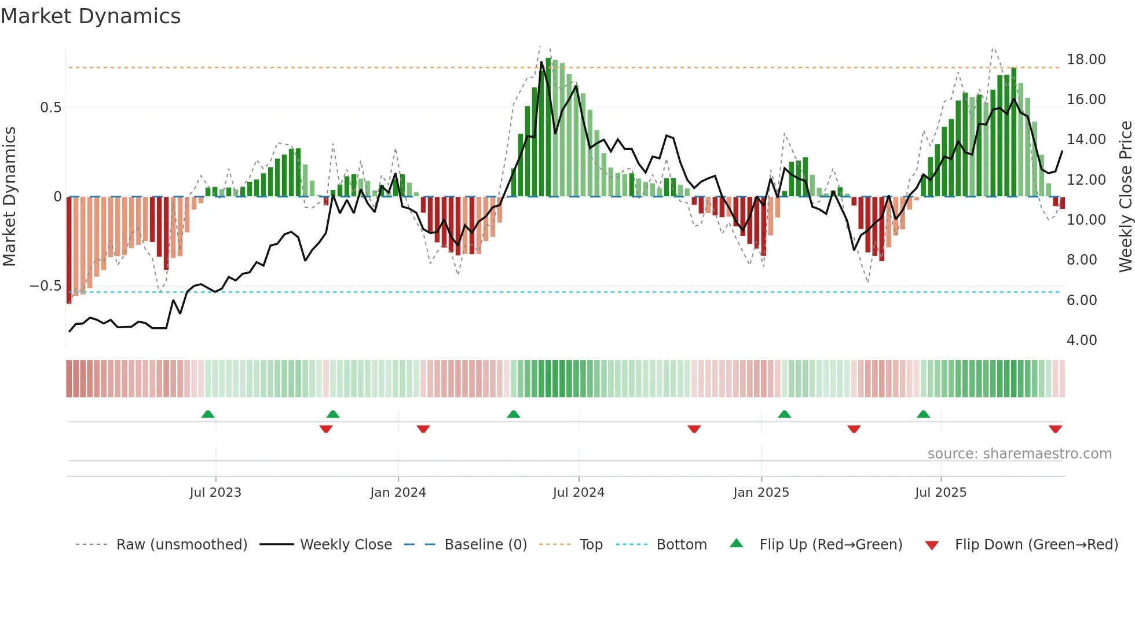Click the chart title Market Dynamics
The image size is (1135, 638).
tap(90, 16)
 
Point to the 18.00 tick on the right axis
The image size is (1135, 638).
tap(1086, 60)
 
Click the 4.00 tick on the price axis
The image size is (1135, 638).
tap(1081, 340)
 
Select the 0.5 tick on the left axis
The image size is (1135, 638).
tap(50, 108)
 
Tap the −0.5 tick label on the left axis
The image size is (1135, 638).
tap(45, 286)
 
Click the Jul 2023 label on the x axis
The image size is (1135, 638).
tap(215, 493)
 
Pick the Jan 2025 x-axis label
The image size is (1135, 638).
tap(760, 493)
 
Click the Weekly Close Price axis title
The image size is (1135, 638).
tap(1125, 196)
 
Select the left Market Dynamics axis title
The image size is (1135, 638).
tap(9, 196)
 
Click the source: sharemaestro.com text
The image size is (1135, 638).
tap(1019, 454)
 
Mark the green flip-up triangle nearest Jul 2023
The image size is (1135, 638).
tap(208, 414)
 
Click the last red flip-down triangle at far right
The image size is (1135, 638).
tap(1055, 429)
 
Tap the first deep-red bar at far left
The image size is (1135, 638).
tap(69, 249)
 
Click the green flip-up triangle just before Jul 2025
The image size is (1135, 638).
tap(923, 414)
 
